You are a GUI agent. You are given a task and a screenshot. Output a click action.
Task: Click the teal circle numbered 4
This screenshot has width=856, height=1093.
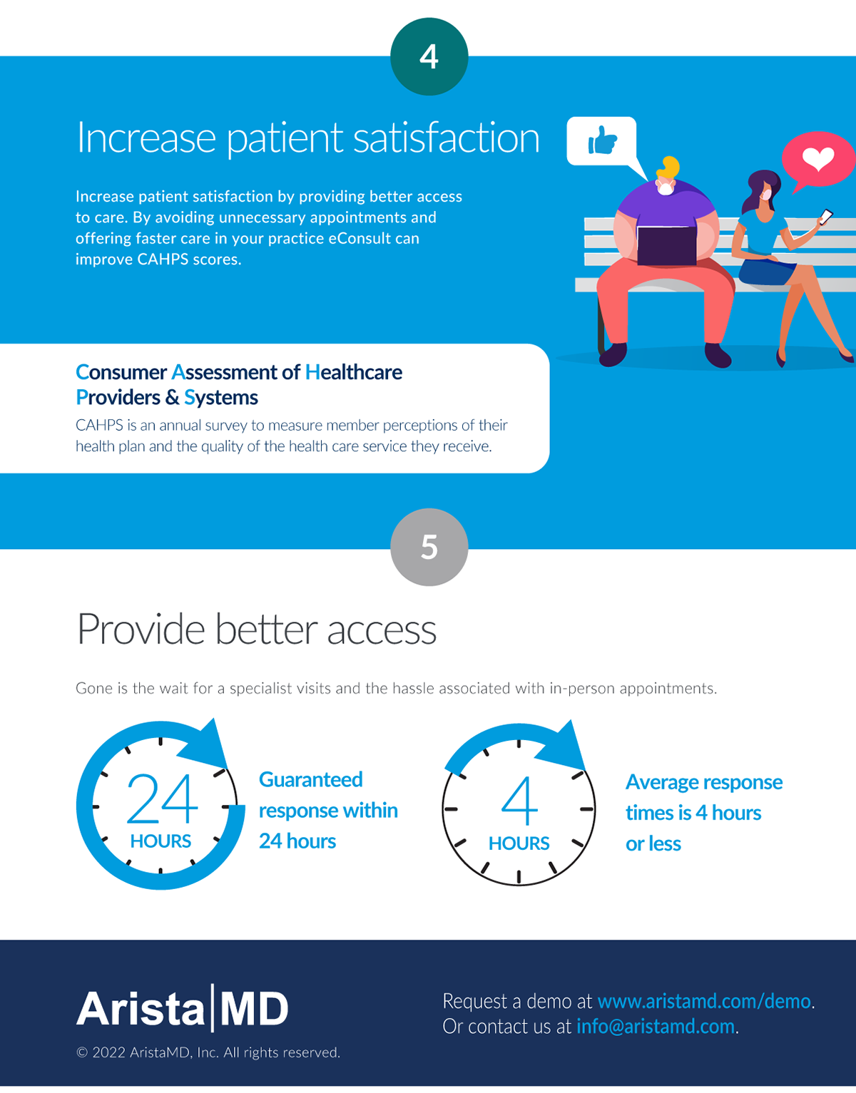point(429,56)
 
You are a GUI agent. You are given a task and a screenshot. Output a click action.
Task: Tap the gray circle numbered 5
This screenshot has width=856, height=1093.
point(429,547)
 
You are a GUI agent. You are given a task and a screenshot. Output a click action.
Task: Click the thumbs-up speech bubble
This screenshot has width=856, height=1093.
point(601,140)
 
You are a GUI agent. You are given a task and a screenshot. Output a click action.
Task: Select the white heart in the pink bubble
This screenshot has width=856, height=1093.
point(817,158)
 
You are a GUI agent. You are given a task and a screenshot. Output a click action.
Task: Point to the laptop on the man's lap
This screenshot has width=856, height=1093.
point(666,245)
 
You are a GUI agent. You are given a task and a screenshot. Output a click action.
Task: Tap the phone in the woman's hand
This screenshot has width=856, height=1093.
point(825,216)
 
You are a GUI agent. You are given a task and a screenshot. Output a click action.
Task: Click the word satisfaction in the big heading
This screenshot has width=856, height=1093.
point(446,138)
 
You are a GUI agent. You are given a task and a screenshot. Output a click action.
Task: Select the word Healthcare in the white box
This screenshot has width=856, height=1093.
point(354,372)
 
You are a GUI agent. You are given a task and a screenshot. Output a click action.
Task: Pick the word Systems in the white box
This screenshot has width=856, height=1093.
point(221,397)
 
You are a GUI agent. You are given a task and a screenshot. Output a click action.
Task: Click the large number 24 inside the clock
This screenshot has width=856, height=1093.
point(162,799)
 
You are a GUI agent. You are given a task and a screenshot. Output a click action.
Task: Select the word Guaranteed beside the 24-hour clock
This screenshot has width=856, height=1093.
point(310,779)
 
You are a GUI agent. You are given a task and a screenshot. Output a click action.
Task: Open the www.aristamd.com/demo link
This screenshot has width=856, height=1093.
point(704,1001)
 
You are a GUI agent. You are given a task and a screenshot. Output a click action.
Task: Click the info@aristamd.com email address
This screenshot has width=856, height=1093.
point(655,1026)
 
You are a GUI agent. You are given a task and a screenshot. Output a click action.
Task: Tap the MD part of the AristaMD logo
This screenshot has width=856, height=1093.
point(254,1009)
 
